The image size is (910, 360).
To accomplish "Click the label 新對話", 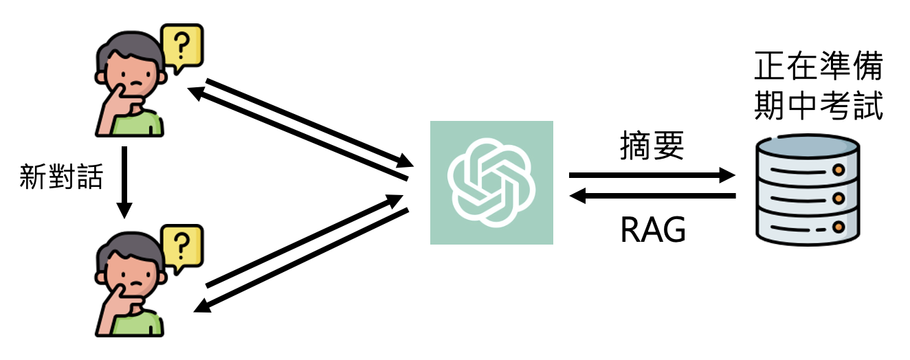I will point(63,177).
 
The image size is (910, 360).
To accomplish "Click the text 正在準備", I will point(818,69).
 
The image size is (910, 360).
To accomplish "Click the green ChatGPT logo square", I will point(491,182).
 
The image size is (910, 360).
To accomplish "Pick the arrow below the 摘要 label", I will point(652,176).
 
